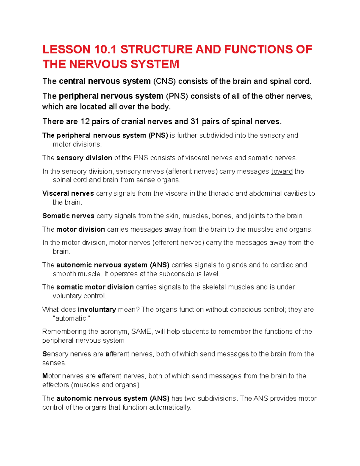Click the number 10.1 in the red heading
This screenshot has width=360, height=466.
[x=105, y=50]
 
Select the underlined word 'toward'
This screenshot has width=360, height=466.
[x=282, y=171]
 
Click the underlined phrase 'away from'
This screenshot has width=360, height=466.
[x=180, y=230]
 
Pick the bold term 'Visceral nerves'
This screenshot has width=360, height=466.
[x=68, y=194]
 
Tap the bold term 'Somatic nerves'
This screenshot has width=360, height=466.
[x=68, y=216]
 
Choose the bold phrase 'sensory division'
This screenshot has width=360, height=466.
[x=84, y=158]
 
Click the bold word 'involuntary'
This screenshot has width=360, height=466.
[x=97, y=309]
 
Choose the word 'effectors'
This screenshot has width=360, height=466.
[x=55, y=385]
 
